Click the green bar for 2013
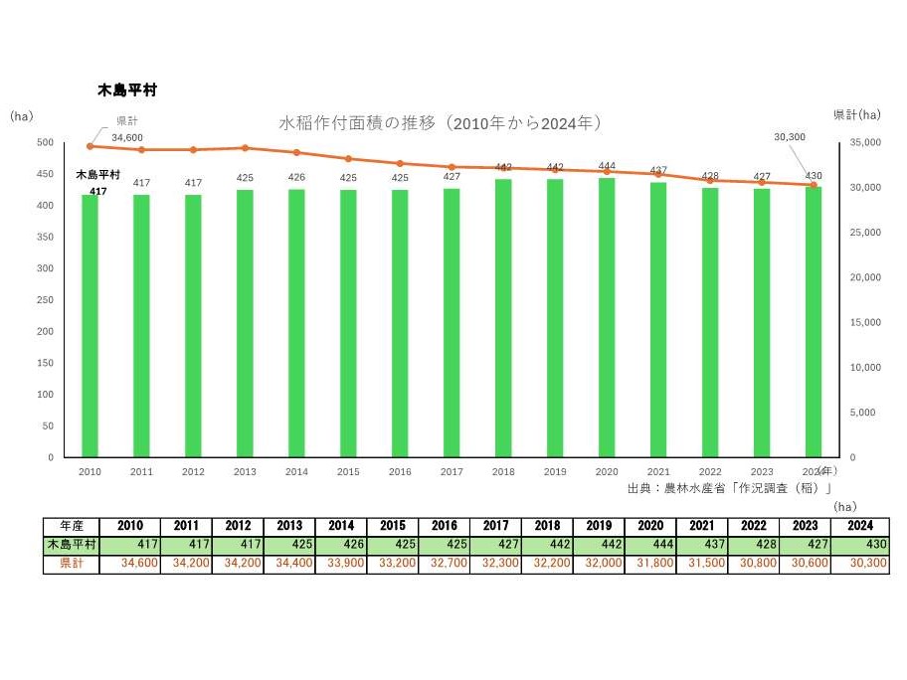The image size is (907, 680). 245,323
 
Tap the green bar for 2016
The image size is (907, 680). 400,323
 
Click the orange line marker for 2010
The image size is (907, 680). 90,146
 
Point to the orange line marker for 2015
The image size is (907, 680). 348,159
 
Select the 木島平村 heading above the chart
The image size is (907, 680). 126,89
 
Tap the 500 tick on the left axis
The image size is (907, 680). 45,142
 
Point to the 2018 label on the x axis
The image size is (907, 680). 503,472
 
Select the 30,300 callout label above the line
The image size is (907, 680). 789,136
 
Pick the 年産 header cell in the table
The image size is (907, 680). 72,526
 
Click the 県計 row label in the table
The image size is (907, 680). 72,564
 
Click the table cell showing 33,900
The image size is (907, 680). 340,564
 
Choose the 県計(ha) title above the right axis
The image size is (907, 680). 856,115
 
